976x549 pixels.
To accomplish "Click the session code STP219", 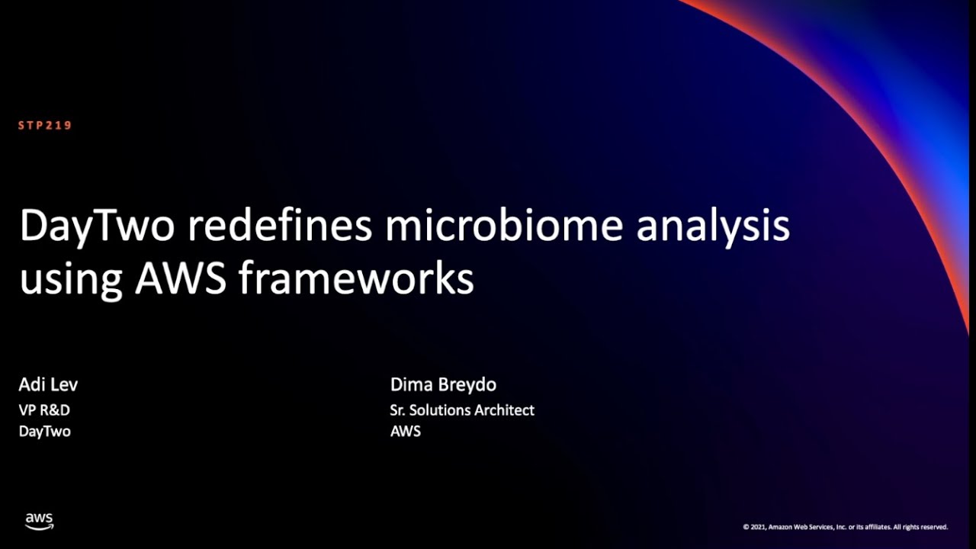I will [45, 126].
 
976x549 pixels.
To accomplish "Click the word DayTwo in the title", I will [97, 226].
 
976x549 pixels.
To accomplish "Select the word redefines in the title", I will [279, 226].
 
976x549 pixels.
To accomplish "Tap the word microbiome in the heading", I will [504, 226].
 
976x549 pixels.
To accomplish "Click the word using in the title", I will [70, 280].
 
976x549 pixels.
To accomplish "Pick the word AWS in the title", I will [180, 278].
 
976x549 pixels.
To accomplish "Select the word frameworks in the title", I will [356, 278].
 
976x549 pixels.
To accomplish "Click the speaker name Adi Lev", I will [48, 384].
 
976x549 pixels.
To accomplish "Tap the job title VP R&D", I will [44, 410].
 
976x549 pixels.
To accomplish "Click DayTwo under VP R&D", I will [44, 432].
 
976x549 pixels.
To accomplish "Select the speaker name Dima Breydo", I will [443, 384].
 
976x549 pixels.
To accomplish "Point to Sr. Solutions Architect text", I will [461, 410].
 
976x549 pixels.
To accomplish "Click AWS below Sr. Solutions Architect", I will [405, 432].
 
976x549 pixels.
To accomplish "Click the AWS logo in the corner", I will [39, 522].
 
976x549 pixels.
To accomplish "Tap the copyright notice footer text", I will [845, 527].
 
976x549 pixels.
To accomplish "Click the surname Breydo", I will [467, 384].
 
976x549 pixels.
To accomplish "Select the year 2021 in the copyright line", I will [759, 527].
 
